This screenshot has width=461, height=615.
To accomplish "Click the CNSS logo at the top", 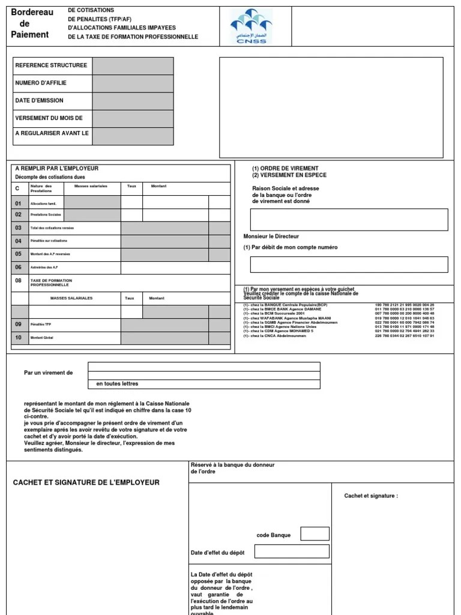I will [251, 27].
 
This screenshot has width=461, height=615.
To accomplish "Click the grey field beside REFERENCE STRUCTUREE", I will [133, 66].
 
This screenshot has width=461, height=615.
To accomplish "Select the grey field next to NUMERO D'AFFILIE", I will [133, 83].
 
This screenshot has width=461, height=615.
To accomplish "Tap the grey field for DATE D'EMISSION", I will [133, 101].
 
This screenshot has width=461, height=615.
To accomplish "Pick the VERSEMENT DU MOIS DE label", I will [49, 118].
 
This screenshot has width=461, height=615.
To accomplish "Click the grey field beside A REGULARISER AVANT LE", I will [133, 136].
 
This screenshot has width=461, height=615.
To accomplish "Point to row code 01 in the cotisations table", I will [19, 204].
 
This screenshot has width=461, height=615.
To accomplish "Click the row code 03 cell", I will [19, 228].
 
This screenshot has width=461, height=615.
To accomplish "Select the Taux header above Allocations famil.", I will [131, 186].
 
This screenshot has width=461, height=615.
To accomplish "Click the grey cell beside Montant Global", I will [175, 338].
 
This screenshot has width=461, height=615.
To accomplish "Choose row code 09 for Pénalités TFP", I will [19, 324].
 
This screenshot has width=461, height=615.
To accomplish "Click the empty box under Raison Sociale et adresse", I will [349, 220].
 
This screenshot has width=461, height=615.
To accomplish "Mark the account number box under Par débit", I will [349, 264].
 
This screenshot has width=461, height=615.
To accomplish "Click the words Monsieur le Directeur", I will [271, 237].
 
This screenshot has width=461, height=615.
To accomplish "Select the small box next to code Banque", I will [315, 533].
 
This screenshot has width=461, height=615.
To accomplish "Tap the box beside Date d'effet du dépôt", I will [292, 551].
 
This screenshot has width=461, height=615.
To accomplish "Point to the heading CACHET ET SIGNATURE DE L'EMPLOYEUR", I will [86, 482].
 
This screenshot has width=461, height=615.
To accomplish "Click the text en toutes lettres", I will [117, 384].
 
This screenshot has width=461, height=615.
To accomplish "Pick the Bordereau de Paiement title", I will [31, 23].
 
